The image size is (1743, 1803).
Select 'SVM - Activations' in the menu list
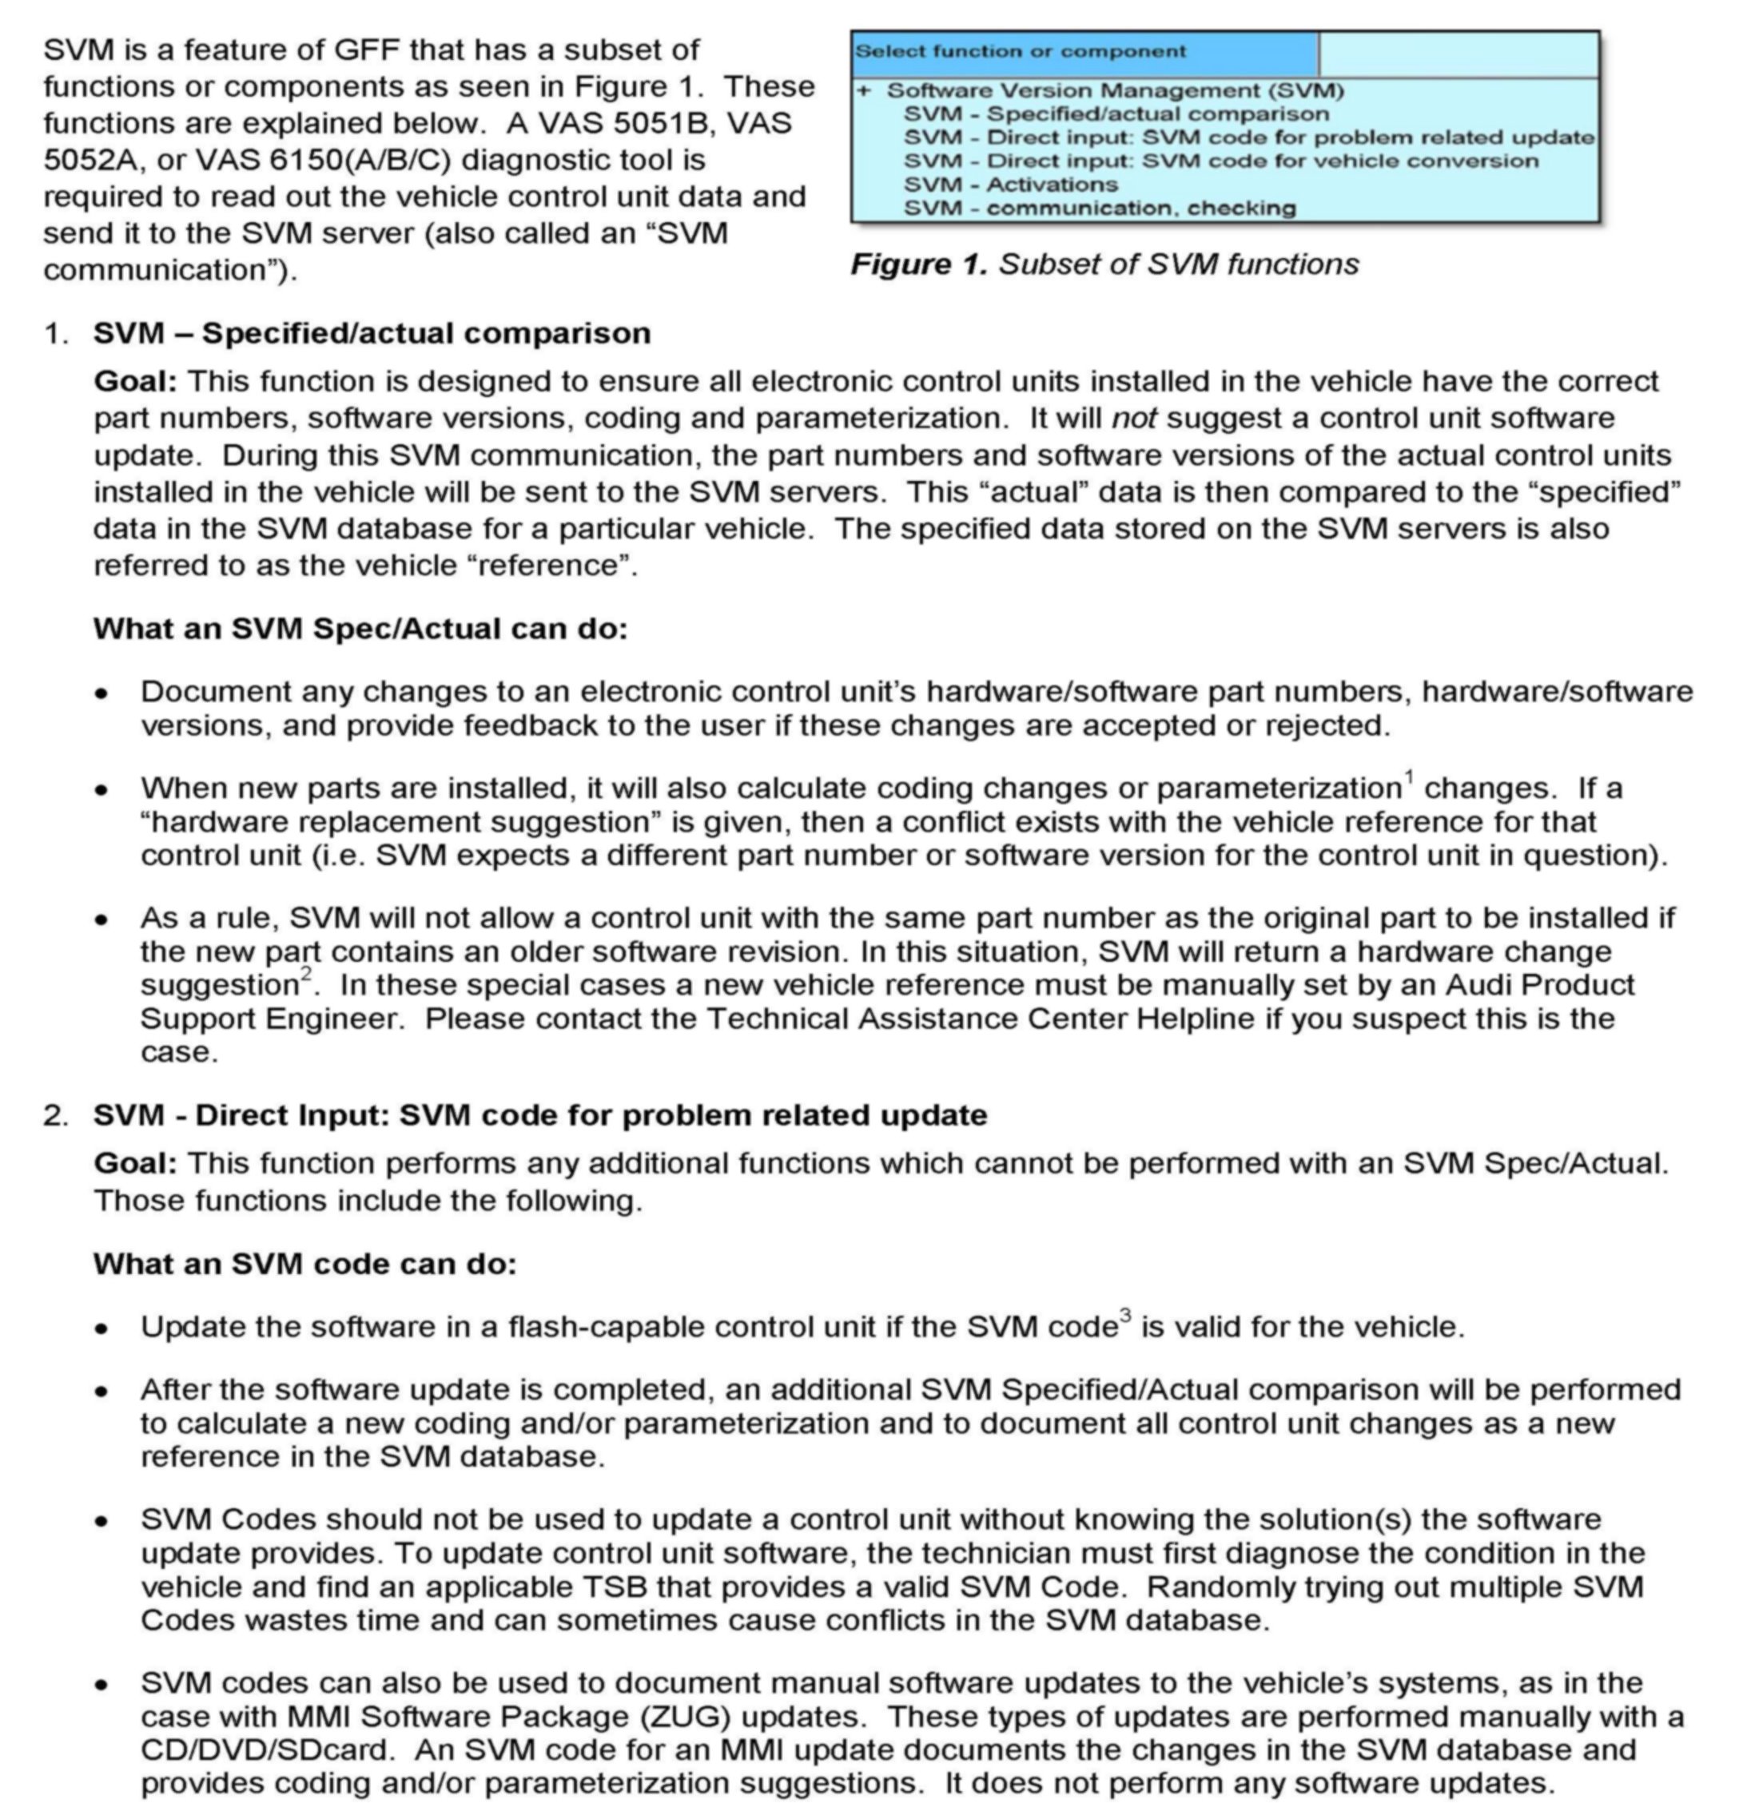point(1010,184)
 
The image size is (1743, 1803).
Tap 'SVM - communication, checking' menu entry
point(1099,208)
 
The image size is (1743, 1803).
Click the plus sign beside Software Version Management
point(863,90)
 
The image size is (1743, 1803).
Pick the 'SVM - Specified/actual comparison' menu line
point(1116,114)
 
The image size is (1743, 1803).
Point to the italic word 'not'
point(1134,419)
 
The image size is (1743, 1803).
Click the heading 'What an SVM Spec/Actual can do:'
point(360,629)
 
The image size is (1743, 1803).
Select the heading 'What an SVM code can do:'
point(304,1264)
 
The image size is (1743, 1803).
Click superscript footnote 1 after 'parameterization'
point(1409,777)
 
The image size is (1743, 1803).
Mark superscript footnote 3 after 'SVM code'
point(1125,1316)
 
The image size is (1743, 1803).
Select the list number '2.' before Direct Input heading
point(55,1115)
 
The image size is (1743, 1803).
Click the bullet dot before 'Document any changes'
point(101,693)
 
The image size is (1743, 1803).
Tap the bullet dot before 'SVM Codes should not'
point(101,1520)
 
